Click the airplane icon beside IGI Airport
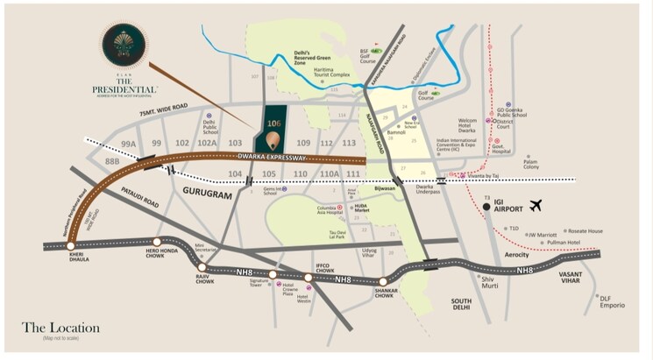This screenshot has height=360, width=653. click(537, 206)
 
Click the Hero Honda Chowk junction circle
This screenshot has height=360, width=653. click(156, 242)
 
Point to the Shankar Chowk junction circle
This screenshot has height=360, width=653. click(383, 281)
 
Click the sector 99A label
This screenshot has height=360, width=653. click(129, 143)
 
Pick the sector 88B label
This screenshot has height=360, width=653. click(112, 161)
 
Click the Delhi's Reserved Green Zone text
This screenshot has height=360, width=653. click(312, 58)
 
